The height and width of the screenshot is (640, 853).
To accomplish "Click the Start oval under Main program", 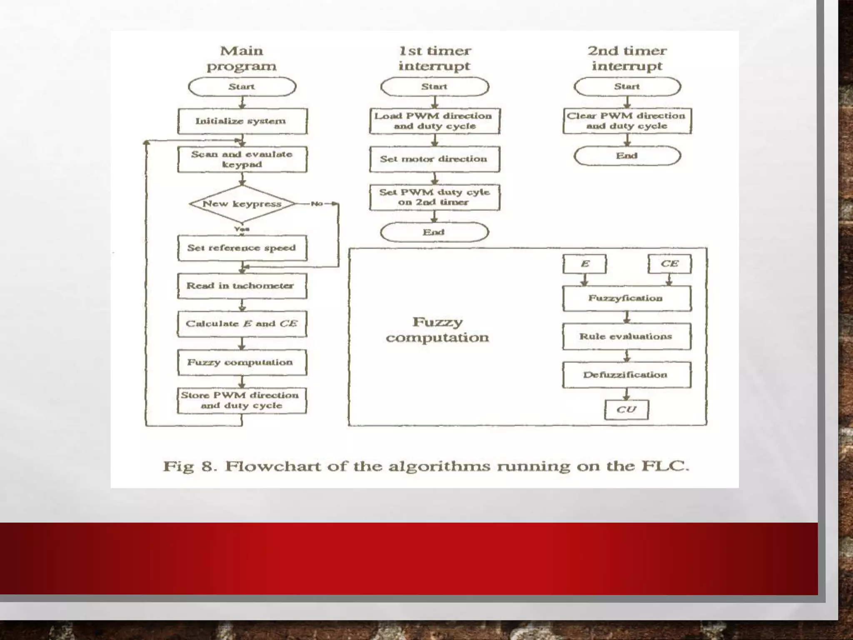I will pos(242,87).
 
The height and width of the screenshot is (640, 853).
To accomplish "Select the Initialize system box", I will pos(242,121).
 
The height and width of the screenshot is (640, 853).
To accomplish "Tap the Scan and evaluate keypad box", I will pos(242,159).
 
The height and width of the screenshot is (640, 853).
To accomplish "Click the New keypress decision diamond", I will pos(242,204).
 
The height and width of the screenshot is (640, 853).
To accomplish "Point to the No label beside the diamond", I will pos(317,204).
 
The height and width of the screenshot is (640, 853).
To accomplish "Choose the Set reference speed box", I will pos(242,248).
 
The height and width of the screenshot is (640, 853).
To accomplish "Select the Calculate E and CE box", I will pos(242,324).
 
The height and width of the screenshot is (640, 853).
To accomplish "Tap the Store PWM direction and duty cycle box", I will pos(242,400).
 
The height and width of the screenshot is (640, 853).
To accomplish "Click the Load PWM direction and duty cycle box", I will pos(434,121).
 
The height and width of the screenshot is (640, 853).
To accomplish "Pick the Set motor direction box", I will pos(434,159).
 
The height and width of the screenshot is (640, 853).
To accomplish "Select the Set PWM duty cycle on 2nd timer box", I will pos(434,197).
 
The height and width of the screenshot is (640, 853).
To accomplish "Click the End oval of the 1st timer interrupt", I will pos(434,232).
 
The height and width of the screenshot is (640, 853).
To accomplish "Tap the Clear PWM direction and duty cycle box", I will pos(627,121).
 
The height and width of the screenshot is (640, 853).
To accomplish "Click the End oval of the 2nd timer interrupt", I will pos(627,156).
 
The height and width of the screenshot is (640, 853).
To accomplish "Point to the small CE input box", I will pos(669,264).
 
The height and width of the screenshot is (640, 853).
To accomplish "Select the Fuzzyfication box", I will pos(627,298).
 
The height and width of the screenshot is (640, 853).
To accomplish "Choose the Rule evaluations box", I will pos(627,336).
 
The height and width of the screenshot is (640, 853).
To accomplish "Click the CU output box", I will pos(626,410).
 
